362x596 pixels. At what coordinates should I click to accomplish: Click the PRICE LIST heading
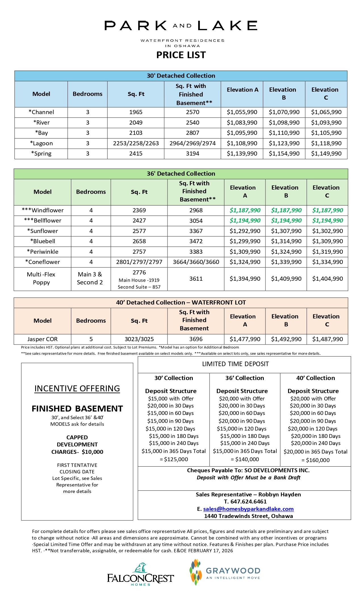click(x=181, y=55)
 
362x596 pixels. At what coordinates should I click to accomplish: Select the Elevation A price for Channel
click(x=242, y=112)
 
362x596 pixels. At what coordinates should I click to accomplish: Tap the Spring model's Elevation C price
click(x=326, y=154)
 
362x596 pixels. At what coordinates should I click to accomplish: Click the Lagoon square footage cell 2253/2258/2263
click(x=136, y=143)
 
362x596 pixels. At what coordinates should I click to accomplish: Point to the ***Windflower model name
click(x=43, y=210)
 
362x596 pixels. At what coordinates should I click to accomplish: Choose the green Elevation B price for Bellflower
click(x=286, y=221)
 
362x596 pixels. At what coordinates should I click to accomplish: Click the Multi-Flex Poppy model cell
click(x=41, y=278)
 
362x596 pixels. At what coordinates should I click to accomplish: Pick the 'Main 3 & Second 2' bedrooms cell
click(x=90, y=278)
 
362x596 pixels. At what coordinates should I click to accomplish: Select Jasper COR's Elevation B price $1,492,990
click(x=286, y=339)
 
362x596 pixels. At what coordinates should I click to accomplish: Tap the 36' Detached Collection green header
click(x=181, y=174)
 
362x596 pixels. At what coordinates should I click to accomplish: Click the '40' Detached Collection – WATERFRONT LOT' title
click(x=181, y=303)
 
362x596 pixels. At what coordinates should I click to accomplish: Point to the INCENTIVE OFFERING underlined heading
click(x=77, y=389)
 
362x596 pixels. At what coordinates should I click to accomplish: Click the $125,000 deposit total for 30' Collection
click(x=174, y=459)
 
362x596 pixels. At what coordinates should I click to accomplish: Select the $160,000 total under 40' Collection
click(x=315, y=460)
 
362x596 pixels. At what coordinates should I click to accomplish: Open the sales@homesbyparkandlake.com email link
click(x=248, y=509)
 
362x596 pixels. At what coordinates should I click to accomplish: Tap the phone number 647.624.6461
click(x=248, y=501)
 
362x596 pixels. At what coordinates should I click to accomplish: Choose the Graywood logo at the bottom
click(x=225, y=572)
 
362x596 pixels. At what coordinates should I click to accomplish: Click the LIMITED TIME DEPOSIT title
click(x=235, y=364)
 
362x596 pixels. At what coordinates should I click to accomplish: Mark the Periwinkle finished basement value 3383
click(x=196, y=252)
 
